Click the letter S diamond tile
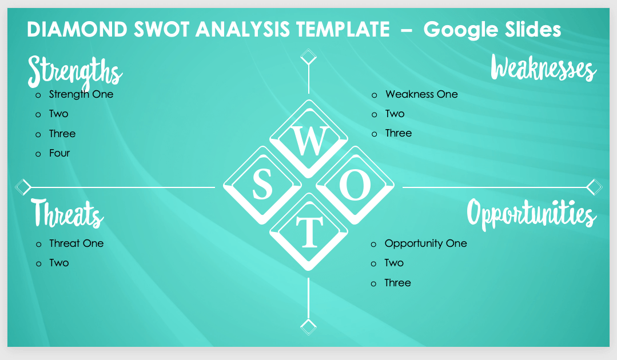coord(262,185)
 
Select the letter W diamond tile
coord(309,139)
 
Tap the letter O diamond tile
coord(355,185)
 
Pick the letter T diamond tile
coord(309,231)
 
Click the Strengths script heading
coord(75,71)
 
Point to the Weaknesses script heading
coord(543,68)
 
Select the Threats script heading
coord(67,213)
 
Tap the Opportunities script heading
coord(532,214)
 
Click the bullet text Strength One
coord(81,94)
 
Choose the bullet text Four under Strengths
coord(59,153)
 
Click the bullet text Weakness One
coord(421,94)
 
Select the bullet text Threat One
coord(76,243)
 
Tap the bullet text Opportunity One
coord(426,243)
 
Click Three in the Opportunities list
coord(397,283)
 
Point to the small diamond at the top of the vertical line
coord(309,57)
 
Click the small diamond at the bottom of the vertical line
coord(309,327)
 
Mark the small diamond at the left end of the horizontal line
coord(23,187)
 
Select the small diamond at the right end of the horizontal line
coord(594,187)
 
